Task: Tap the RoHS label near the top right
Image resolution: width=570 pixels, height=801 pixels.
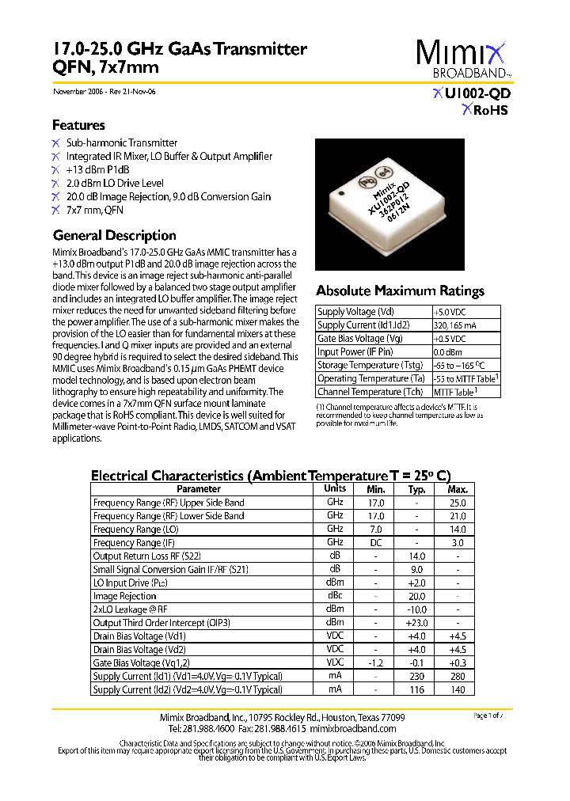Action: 485,110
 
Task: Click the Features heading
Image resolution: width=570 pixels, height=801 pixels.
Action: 78,125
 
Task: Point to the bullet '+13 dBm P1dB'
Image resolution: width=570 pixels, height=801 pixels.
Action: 97,169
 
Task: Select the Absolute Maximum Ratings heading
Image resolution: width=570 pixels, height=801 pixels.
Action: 400,290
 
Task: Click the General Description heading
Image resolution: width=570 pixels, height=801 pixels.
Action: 114,235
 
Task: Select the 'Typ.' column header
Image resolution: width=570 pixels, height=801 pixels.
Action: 416,489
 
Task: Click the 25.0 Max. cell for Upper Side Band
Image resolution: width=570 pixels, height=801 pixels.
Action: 458,503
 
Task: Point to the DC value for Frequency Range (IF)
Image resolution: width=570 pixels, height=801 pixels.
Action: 376,543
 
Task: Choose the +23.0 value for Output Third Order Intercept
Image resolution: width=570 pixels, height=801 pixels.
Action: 416,623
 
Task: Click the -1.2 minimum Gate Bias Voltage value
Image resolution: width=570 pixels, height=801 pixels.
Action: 376,662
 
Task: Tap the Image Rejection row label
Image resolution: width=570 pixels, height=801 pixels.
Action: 125,596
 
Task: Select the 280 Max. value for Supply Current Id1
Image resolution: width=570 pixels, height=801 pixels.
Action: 458,676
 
